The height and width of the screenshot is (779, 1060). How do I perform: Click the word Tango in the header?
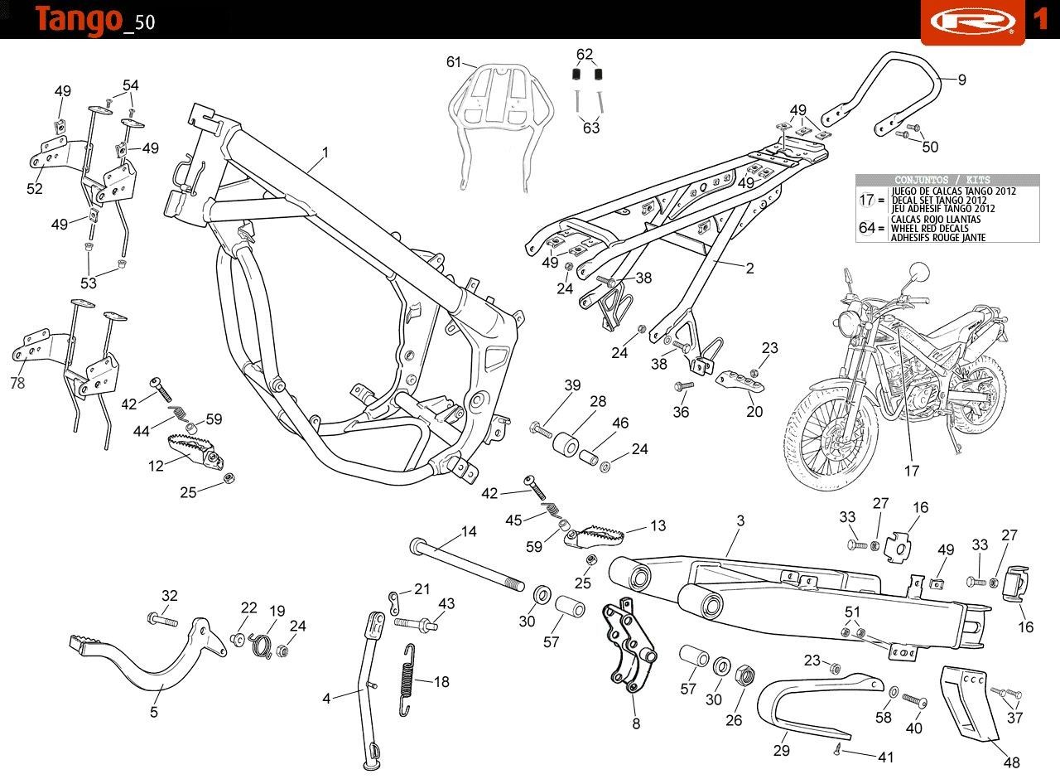pyautogui.click(x=78, y=21)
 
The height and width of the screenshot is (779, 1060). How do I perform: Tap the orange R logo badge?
pyautogui.click(x=973, y=22)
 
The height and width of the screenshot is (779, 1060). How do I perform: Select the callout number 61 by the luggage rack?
pyautogui.click(x=453, y=62)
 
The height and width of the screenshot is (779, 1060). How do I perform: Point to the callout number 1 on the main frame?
pyautogui.click(x=325, y=152)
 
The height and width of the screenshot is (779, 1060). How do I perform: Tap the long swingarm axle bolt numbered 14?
pyautogui.click(x=467, y=565)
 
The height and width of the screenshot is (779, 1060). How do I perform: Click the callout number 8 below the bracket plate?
pyautogui.click(x=636, y=723)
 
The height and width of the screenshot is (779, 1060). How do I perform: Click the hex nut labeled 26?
pyautogui.click(x=744, y=674)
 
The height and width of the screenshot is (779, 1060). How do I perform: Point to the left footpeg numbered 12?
pyautogui.click(x=195, y=450)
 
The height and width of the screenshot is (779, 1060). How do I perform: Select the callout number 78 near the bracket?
pyautogui.click(x=17, y=383)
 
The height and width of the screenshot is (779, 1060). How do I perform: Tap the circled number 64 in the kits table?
pyautogui.click(x=867, y=228)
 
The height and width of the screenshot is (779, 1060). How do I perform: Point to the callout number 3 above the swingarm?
pyautogui.click(x=740, y=521)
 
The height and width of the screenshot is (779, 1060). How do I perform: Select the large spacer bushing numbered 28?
pyautogui.click(x=565, y=445)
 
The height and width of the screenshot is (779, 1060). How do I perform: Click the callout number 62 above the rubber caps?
pyautogui.click(x=585, y=54)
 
